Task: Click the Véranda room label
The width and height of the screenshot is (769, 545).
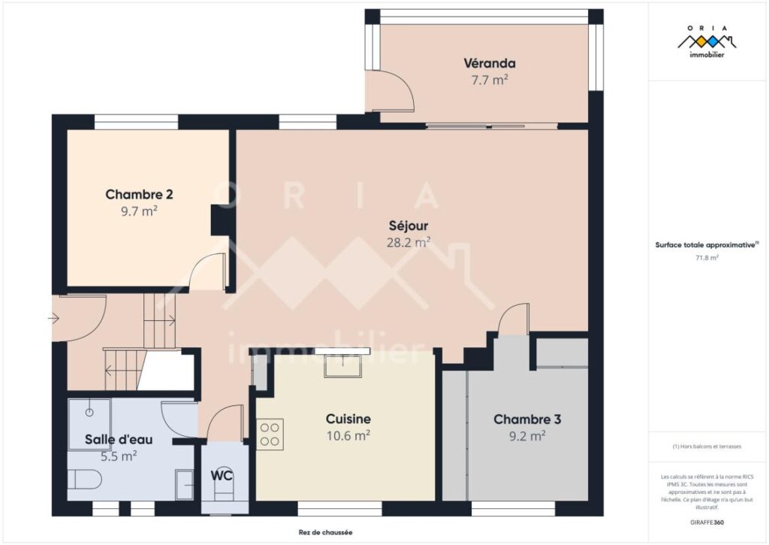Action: pos(489,63)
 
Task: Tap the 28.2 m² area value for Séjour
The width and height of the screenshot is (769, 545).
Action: pos(409,242)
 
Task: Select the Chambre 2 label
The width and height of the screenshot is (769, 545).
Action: pos(139,195)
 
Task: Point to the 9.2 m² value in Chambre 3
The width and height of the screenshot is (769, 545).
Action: pos(526,434)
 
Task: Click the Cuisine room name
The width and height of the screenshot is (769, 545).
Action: pos(348,419)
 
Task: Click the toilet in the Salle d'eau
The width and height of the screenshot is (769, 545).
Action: pos(84,480)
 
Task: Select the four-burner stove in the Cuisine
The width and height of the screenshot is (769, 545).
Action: pos(270,434)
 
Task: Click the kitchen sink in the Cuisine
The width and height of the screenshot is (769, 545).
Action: pos(342,366)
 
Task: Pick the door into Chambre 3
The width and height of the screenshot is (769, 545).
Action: pos(514,319)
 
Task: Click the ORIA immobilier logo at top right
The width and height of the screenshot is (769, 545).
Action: pos(707,41)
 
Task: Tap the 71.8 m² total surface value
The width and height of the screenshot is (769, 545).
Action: pos(707,258)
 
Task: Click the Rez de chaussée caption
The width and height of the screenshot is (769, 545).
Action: pos(325,532)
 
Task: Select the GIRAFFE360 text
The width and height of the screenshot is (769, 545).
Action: pos(707,522)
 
